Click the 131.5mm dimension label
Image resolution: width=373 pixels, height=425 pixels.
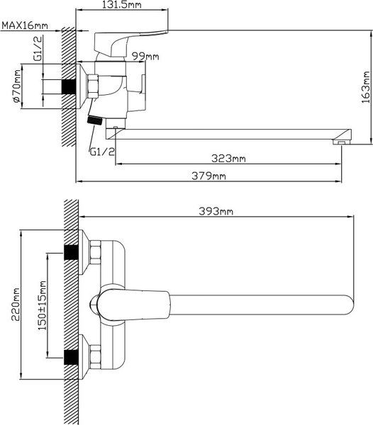pos(122,5)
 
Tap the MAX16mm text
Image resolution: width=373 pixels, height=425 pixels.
pos(25,25)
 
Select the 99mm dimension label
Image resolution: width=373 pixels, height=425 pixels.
pos(145,57)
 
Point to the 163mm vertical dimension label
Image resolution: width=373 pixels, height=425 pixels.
pos(366,87)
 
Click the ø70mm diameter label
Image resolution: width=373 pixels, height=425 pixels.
pos(16,86)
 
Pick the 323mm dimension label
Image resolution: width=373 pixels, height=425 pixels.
pos(228,158)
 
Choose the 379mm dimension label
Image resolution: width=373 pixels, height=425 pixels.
pos(208,176)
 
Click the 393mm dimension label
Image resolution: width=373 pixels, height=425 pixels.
pos(216,211)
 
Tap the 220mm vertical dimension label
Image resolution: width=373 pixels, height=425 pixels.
pos(16,305)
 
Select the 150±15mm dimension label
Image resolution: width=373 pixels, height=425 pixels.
pos(42,305)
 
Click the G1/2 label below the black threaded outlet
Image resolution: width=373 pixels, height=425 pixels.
pos(102,152)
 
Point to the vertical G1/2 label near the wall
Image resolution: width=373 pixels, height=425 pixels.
pos(38,48)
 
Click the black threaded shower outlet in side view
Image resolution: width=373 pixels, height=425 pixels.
pos(95,120)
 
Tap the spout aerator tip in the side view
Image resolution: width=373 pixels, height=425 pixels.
pos(341,142)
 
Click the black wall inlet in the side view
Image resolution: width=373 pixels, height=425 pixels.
pos(69,86)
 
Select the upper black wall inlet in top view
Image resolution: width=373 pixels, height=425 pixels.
pos(71,253)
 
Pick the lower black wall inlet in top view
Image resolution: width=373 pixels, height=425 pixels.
pos(71,357)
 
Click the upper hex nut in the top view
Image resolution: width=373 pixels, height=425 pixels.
pos(95,253)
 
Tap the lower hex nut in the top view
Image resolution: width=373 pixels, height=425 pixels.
pos(95,357)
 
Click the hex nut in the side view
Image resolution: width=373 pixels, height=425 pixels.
pos(92,86)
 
